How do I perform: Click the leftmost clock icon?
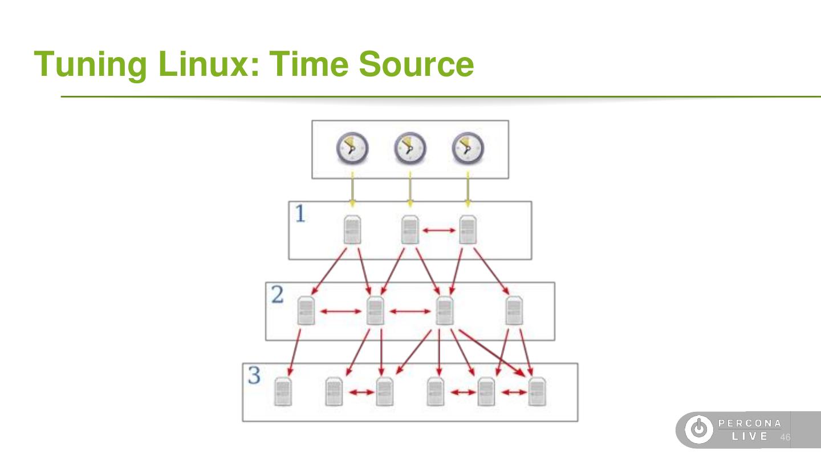[352, 148]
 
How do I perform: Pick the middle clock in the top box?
[410, 148]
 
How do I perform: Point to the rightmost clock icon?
[468, 148]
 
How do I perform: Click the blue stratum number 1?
[300, 214]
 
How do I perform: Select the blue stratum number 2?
[277, 295]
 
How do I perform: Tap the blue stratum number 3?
[254, 376]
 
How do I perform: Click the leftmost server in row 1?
[352, 230]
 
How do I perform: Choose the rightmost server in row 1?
[468, 230]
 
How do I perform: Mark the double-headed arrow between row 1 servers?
[438, 230]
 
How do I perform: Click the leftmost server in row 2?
[306, 311]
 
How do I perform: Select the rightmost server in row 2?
[514, 311]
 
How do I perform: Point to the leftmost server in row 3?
[283, 392]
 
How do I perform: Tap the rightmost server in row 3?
[537, 392]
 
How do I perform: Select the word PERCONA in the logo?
[750, 423]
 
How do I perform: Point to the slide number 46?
[785, 437]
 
